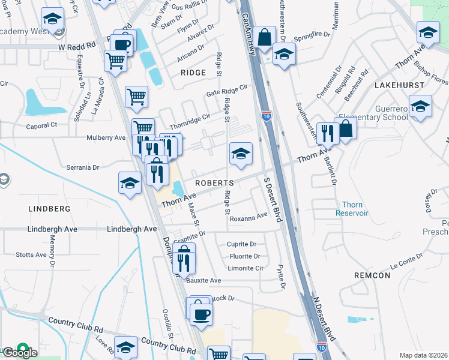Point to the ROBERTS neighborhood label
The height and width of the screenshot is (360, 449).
pos(213,182)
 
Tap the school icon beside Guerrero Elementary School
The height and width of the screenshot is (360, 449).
pos(421,106)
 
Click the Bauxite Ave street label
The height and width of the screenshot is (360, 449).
pos(203,280)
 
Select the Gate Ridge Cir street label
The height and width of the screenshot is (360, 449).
pos(227,90)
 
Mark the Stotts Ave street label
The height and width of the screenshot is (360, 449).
pos(32,255)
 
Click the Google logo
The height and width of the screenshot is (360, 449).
pos(20,352)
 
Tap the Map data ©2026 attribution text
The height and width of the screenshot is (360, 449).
pos(423,355)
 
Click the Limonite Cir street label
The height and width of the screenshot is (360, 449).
pos(246,268)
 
